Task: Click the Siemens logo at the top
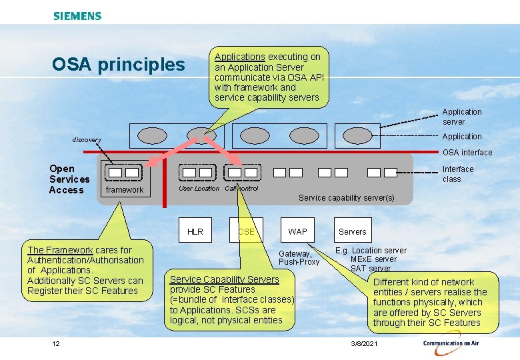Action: pyautogui.click(x=77, y=15)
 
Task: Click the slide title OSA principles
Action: pyautogui.click(x=118, y=65)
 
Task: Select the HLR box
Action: pyautogui.click(x=195, y=231)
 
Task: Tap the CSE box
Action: pyautogui.click(x=246, y=231)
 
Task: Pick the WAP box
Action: pyautogui.click(x=297, y=231)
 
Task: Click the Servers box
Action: pyautogui.click(x=352, y=231)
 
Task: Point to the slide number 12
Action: pyautogui.click(x=56, y=343)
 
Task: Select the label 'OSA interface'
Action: pyautogui.click(x=467, y=153)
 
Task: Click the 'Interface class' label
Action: pyautogui.click(x=457, y=174)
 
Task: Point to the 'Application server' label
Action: pyautogui.click(x=461, y=117)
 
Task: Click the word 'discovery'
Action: pyautogui.click(x=87, y=140)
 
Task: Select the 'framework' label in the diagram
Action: pyautogui.click(x=125, y=190)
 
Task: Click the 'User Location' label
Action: pyautogui.click(x=199, y=189)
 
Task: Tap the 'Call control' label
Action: pyautogui.click(x=241, y=189)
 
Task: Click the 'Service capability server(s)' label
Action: pyautogui.click(x=346, y=198)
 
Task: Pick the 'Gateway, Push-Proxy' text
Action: pyautogui.click(x=299, y=257)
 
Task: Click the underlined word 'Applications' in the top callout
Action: pyautogui.click(x=239, y=57)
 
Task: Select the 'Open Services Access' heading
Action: pyautogui.click(x=69, y=179)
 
